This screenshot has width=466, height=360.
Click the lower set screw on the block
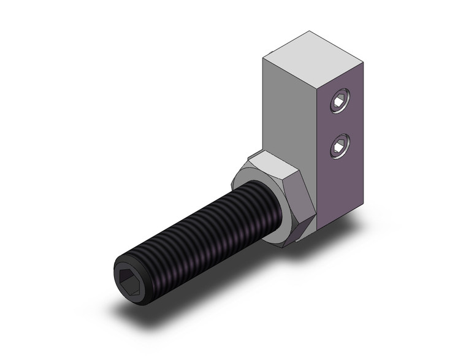[337, 146]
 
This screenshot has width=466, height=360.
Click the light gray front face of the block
[288, 110]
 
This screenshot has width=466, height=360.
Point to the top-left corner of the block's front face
[262, 58]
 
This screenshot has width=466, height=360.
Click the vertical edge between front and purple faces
[318, 153]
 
